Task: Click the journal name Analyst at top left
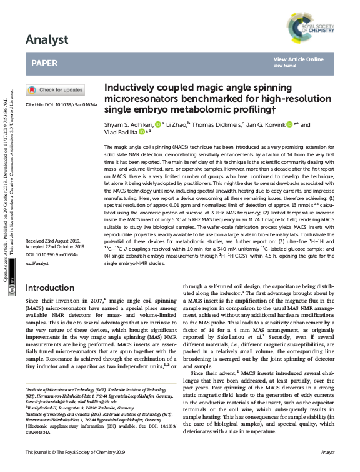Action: click(47, 40)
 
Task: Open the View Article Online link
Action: click(298, 59)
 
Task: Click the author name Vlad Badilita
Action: click(120, 133)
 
